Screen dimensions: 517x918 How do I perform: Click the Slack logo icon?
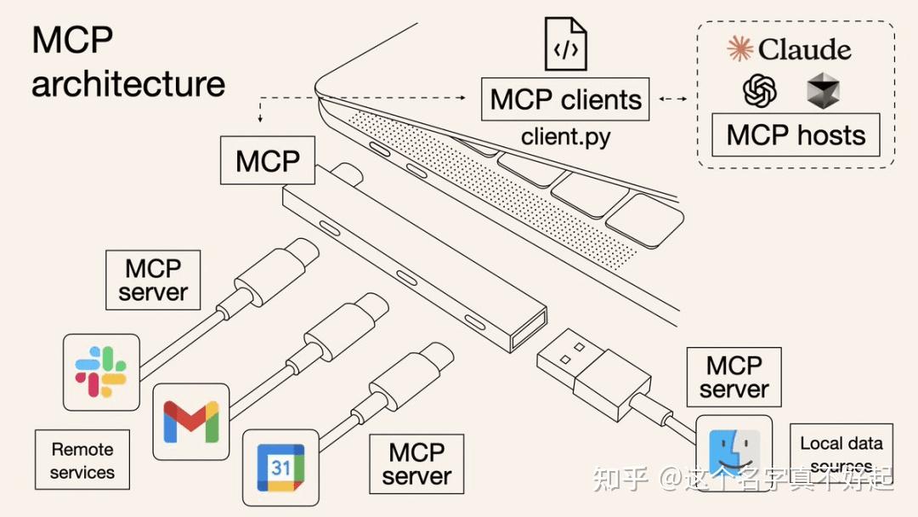[x=101, y=372]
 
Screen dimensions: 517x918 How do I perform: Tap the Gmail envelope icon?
[x=191, y=422]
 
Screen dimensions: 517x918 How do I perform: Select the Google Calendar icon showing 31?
[x=281, y=467]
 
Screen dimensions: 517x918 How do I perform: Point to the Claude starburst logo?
[x=740, y=48]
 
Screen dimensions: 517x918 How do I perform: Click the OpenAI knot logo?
[x=760, y=90]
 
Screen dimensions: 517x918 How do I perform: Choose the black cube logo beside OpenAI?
[x=823, y=90]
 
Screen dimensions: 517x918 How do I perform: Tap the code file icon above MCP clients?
[x=565, y=44]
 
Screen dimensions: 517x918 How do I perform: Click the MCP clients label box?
[x=565, y=99]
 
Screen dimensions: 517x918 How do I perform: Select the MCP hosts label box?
[x=796, y=135]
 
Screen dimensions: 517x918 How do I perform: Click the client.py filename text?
[x=565, y=136]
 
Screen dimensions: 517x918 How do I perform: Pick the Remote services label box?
[x=82, y=460]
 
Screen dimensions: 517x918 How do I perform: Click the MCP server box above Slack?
[x=153, y=280]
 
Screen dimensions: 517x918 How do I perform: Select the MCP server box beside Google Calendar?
[x=416, y=463]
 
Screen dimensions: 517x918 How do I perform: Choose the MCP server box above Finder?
[x=734, y=377]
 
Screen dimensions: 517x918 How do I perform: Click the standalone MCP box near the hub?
[x=268, y=161]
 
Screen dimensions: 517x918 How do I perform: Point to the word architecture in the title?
[x=128, y=84]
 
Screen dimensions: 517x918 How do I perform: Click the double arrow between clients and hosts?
[x=672, y=99]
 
